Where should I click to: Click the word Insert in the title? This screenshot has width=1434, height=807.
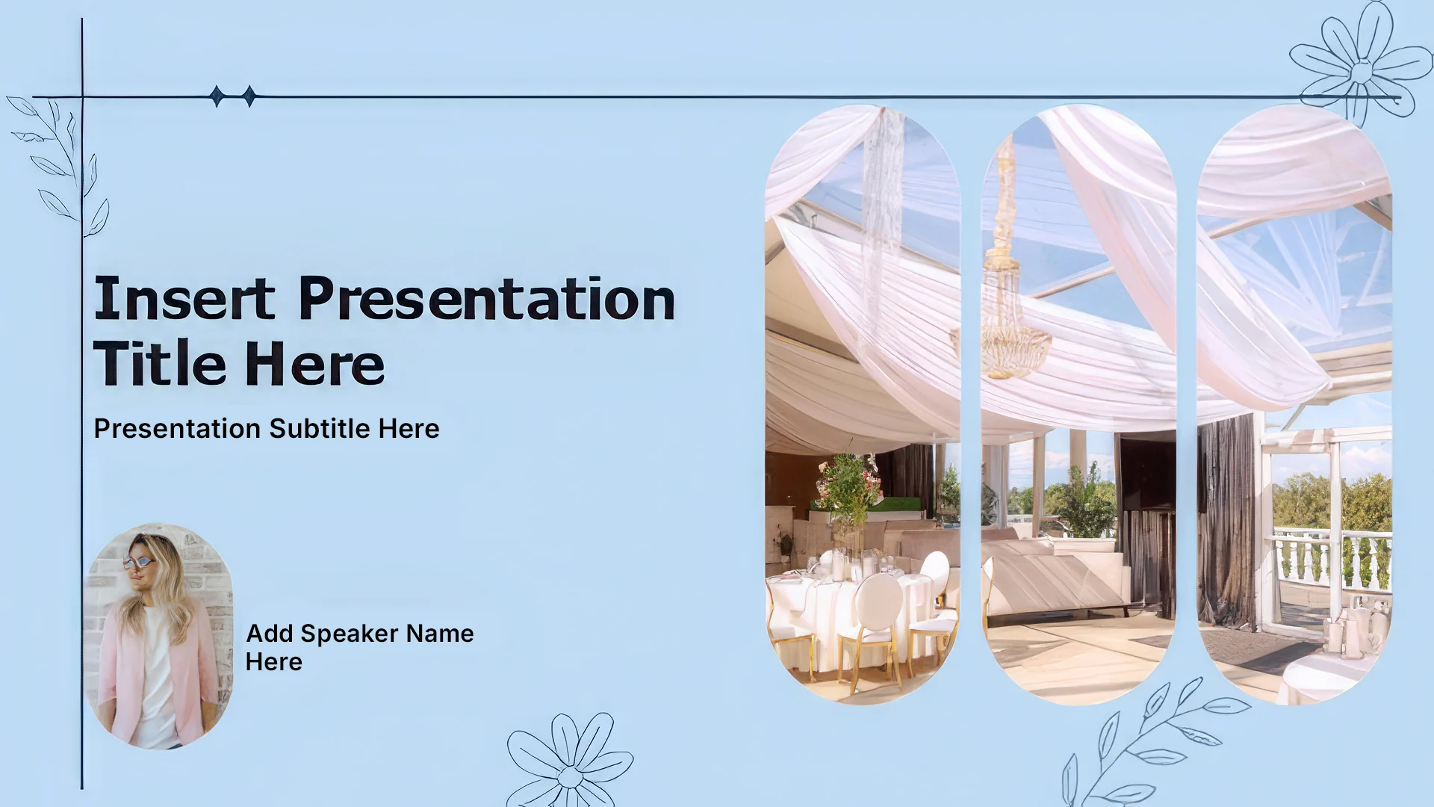(x=184, y=298)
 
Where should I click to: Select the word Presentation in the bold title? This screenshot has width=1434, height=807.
(x=487, y=298)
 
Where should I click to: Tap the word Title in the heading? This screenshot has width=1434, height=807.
(x=160, y=364)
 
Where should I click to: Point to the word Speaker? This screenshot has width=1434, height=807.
(x=349, y=634)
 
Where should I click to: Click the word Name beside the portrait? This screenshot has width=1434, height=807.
(x=440, y=634)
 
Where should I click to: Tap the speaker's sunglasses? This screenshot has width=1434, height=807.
(x=139, y=563)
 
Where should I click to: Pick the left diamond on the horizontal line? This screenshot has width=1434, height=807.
(x=217, y=96)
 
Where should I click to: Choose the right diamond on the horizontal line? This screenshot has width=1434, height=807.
(x=249, y=96)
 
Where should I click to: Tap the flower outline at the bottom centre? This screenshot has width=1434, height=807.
(x=570, y=761)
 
